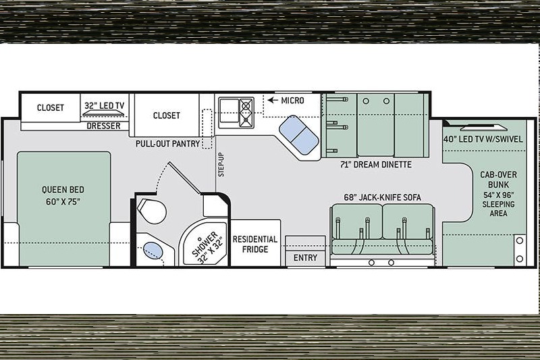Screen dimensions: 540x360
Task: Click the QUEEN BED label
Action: tap(63, 190)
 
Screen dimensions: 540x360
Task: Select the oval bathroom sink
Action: tap(153, 251)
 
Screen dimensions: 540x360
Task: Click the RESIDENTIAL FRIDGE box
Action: tap(255, 243)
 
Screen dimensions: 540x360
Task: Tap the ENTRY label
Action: tap(305, 258)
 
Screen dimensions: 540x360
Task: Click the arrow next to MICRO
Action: tap(273, 100)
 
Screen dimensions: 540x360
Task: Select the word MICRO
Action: tap(292, 101)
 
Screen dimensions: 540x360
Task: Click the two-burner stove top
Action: tap(246, 112)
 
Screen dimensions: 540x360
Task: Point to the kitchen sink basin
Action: tap(229, 111)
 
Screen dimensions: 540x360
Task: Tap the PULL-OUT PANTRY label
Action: tap(167, 144)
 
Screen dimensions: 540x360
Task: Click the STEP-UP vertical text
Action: tap(221, 165)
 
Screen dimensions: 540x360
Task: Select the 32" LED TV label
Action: tap(104, 105)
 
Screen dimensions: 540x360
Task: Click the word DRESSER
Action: tap(104, 126)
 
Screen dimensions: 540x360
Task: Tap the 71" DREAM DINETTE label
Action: tap(376, 165)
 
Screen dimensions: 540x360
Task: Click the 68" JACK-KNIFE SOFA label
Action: tap(382, 197)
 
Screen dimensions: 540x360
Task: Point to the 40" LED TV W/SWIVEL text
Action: tap(483, 139)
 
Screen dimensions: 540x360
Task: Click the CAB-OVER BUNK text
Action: tap(498, 180)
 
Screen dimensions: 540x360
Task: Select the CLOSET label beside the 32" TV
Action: tap(50, 108)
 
